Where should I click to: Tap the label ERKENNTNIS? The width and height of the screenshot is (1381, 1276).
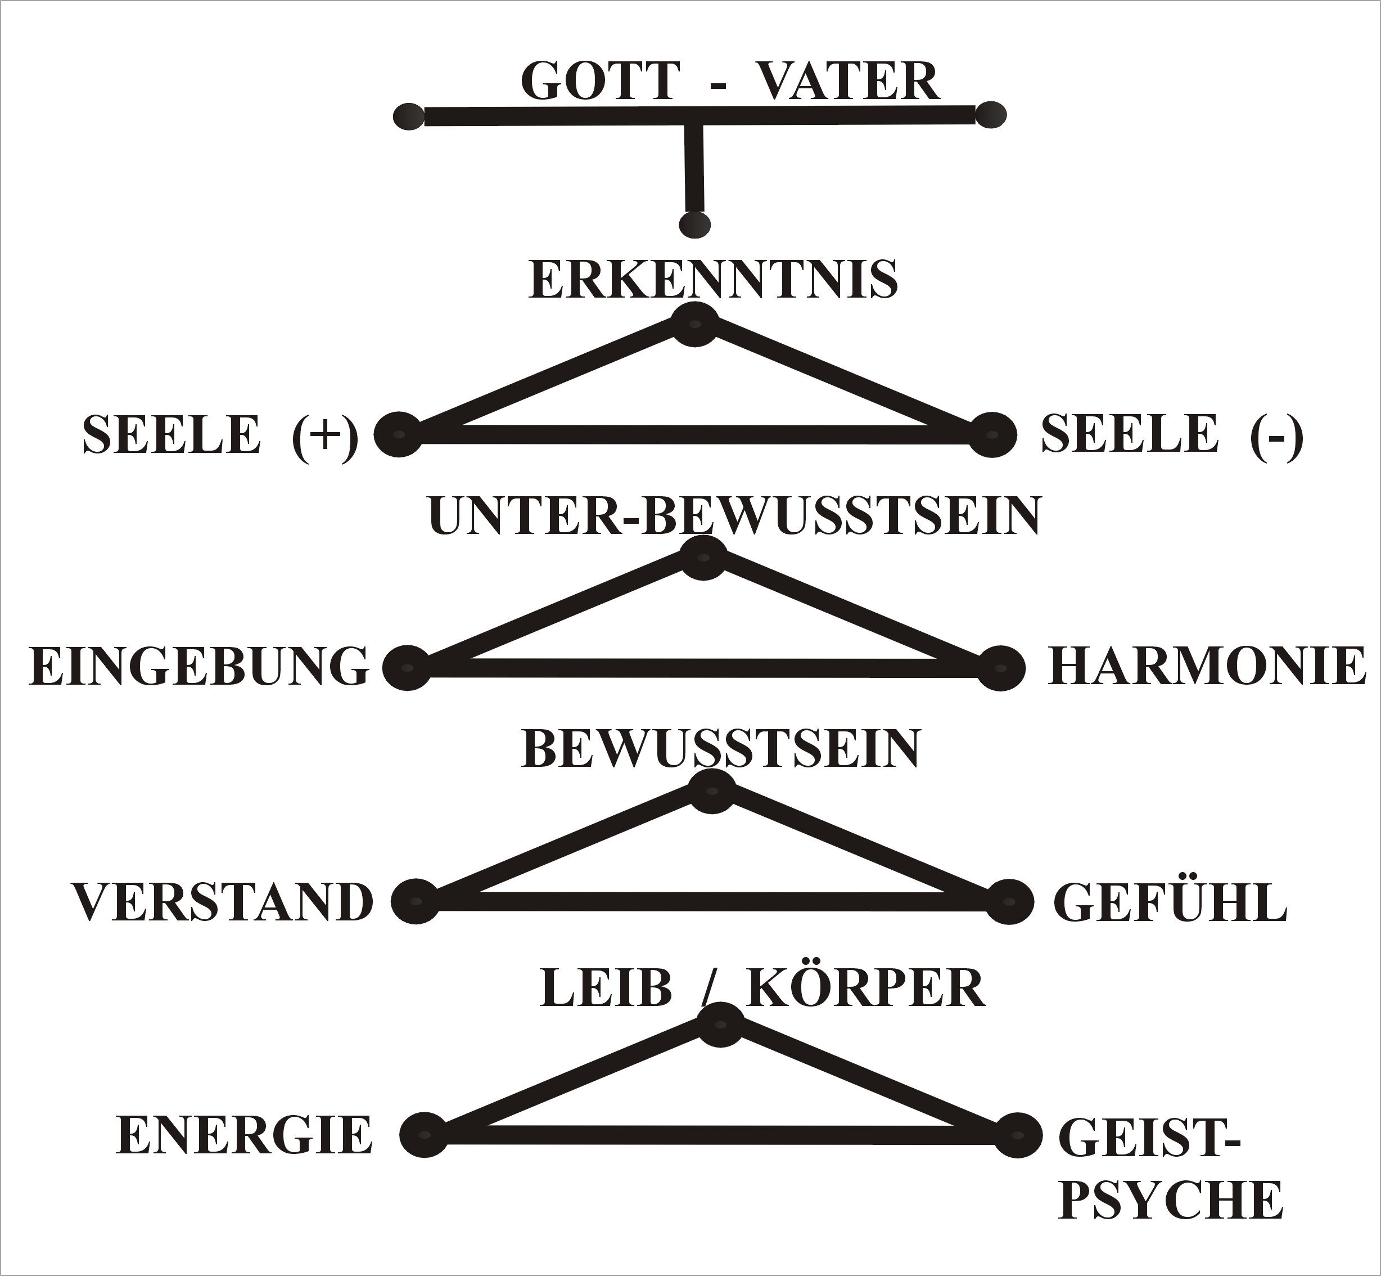click(713, 280)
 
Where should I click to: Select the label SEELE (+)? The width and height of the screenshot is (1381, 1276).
click(219, 435)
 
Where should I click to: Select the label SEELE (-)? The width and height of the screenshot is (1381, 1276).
click(1172, 435)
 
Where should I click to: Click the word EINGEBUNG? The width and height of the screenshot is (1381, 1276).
click(198, 667)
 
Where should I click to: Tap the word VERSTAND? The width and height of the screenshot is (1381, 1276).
click(222, 902)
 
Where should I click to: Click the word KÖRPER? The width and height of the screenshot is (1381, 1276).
click(866, 987)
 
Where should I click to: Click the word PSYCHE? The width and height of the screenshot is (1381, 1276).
click(1171, 1201)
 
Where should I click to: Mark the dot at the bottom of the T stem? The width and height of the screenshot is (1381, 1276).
click(694, 224)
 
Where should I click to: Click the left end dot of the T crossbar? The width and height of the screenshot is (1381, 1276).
click(409, 116)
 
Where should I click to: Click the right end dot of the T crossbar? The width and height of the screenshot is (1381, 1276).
click(991, 115)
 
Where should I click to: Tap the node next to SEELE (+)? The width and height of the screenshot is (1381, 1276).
click(399, 434)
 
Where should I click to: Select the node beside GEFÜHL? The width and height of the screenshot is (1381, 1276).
click(1009, 902)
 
